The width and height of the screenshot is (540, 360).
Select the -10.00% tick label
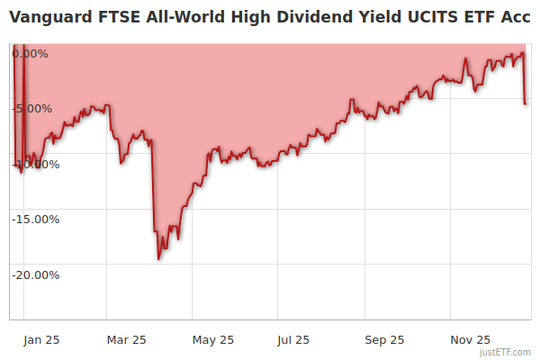(x=36, y=164)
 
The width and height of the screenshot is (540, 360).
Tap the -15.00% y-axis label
(x=36, y=219)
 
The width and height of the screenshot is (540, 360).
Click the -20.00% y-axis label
(x=36, y=274)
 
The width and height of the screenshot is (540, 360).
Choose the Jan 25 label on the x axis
(x=42, y=339)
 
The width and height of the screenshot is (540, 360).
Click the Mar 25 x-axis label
(x=127, y=339)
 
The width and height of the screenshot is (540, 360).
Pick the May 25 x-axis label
(x=213, y=339)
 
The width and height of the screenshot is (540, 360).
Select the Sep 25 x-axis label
(x=384, y=339)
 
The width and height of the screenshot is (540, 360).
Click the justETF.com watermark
(x=506, y=353)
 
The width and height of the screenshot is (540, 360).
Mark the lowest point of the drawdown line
(x=159, y=259)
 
